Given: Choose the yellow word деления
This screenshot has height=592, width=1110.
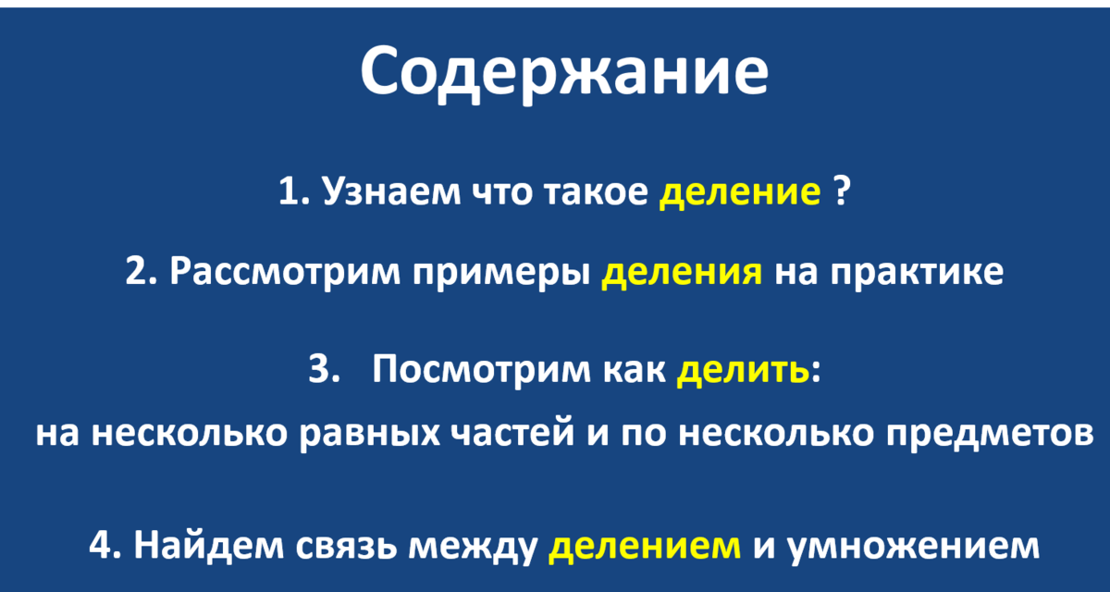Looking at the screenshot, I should [x=682, y=274].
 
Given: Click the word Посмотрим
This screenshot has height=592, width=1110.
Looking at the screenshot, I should [x=472, y=371].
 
